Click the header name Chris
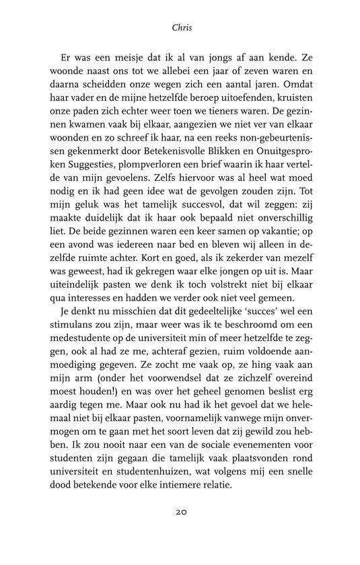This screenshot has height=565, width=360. (180, 29)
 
